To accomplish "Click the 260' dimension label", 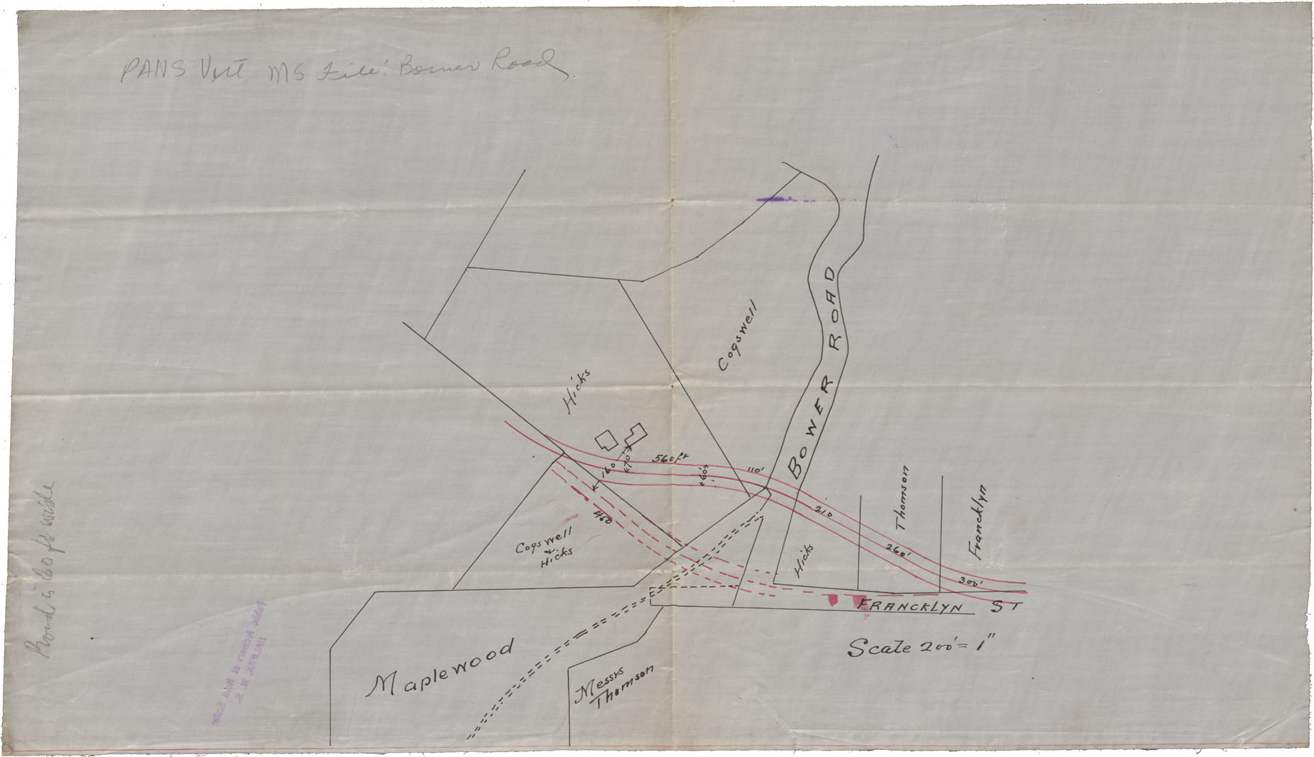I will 897,551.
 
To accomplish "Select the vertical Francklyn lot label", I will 979,522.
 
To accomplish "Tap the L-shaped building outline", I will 634,434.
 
